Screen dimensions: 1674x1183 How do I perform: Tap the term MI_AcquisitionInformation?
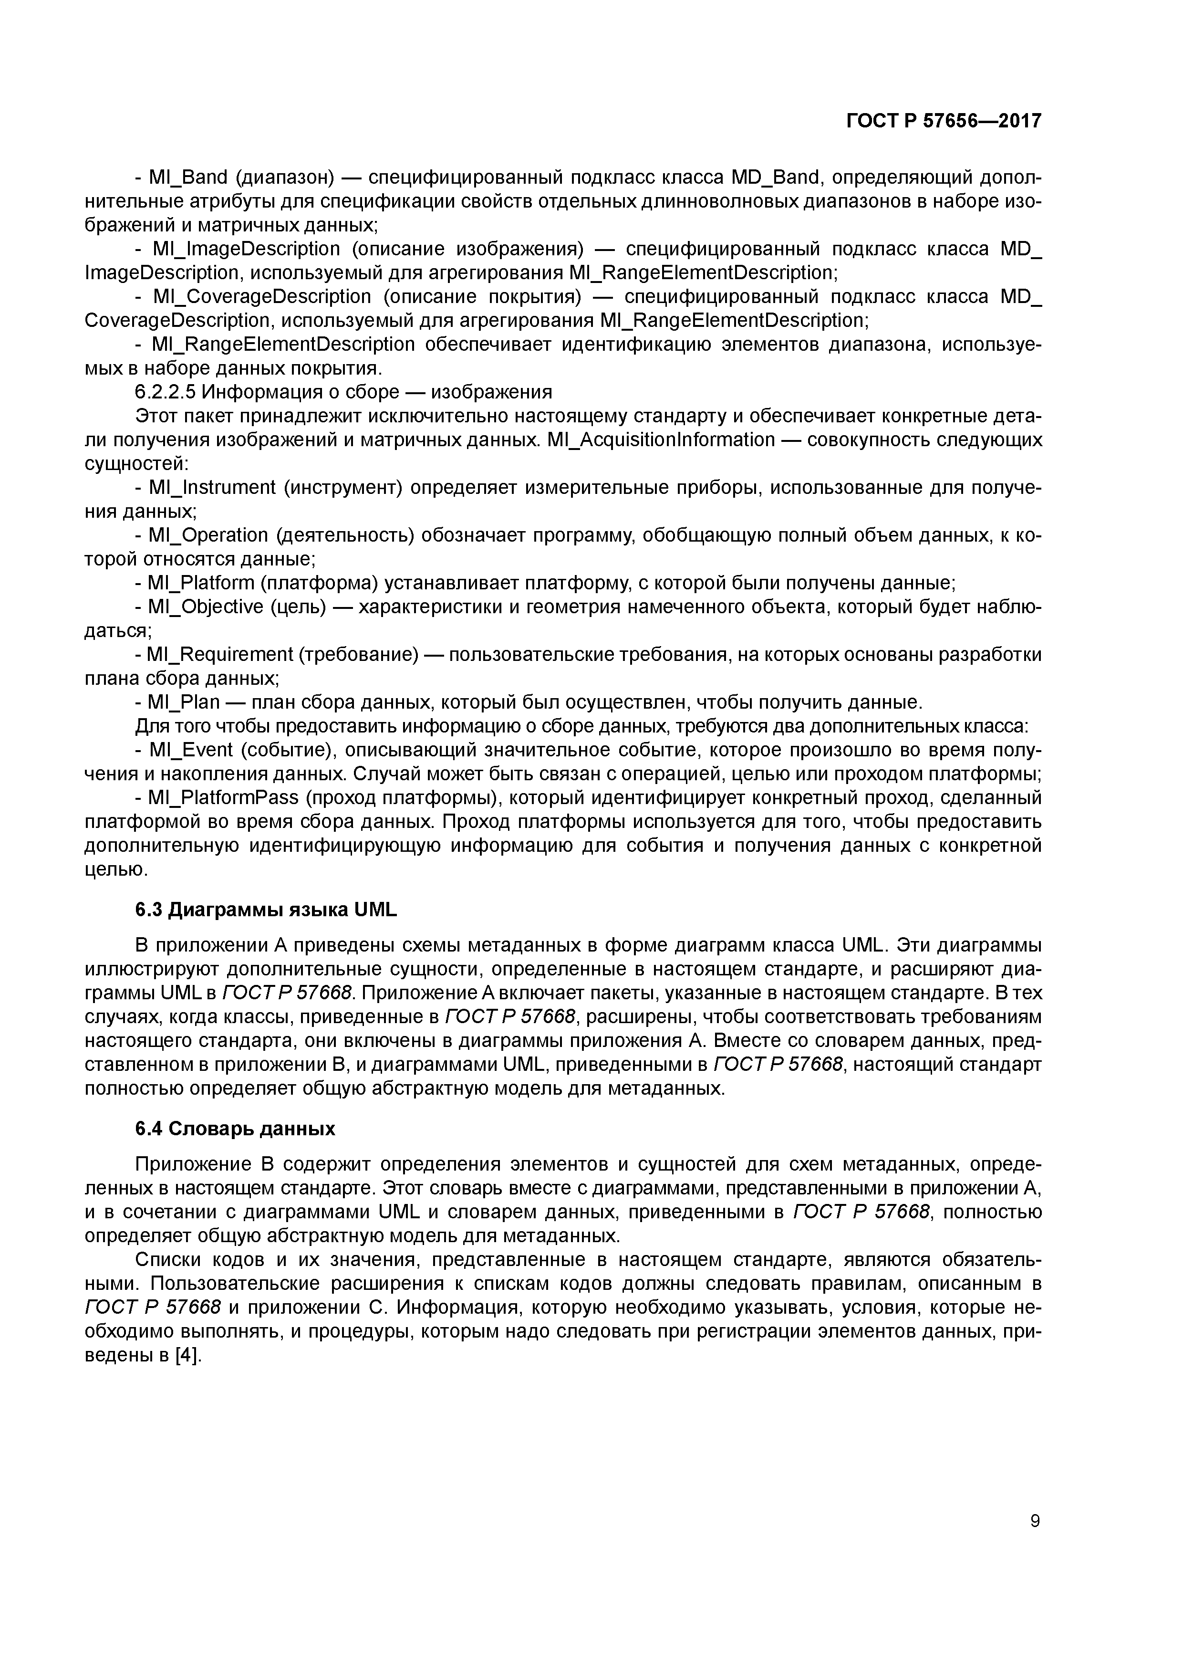[x=654, y=439]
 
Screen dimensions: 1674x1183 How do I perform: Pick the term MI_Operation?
[x=208, y=535]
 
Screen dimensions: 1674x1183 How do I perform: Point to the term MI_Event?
[x=190, y=750]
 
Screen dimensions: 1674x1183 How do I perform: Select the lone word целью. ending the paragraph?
[x=116, y=869]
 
